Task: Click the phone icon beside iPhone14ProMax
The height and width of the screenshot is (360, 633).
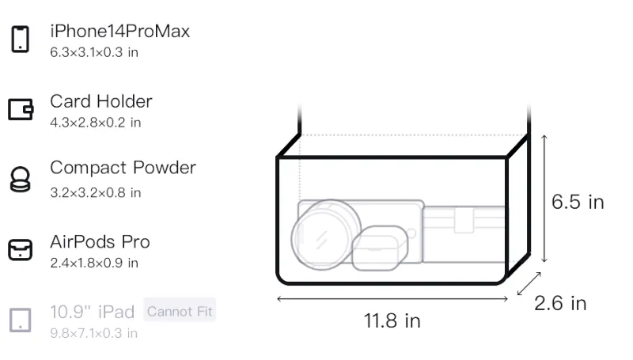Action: (21, 39)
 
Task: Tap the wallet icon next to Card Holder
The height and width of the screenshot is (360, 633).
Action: (21, 109)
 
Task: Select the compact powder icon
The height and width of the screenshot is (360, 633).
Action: (21, 179)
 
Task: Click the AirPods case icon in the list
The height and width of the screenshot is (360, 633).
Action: (21, 250)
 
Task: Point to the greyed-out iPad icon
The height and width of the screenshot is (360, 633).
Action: (21, 320)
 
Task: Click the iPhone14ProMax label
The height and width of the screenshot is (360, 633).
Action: (120, 31)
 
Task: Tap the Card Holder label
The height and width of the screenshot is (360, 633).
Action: (101, 101)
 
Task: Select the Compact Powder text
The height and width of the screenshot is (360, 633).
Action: (123, 168)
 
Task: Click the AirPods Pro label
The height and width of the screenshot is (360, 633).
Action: (100, 242)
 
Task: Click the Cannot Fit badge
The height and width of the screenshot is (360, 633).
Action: (180, 311)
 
